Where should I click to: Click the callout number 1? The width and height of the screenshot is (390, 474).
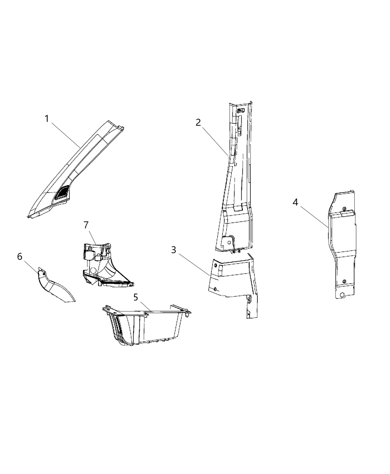(x=47, y=119)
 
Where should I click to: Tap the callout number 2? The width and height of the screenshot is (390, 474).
(x=198, y=123)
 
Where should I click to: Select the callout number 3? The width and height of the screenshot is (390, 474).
(x=173, y=250)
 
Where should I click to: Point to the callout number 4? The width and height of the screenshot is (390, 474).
(x=295, y=202)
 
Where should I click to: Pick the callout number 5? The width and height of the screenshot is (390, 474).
(x=136, y=297)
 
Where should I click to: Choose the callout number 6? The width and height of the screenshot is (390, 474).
(x=20, y=257)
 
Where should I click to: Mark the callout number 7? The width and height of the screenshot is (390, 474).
(x=86, y=225)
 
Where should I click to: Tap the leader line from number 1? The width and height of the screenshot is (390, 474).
(x=66, y=135)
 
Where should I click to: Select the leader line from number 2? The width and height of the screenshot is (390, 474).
(x=215, y=141)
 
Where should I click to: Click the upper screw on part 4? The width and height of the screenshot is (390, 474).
(x=344, y=209)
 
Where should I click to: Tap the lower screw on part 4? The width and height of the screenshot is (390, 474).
(x=344, y=282)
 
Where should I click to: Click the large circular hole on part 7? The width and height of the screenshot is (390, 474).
(x=93, y=270)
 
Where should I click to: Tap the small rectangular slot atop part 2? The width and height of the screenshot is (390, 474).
(x=240, y=110)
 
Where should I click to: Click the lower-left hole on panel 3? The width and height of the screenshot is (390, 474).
(x=215, y=289)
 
